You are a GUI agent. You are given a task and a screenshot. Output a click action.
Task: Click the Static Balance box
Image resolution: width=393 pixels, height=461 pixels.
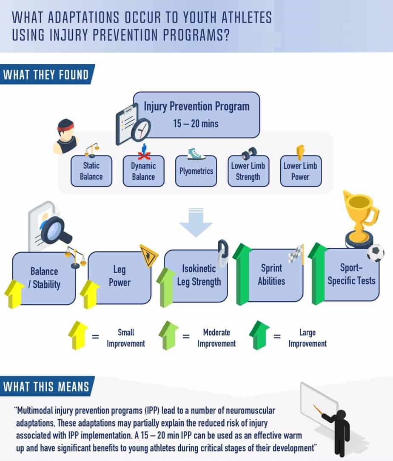91,171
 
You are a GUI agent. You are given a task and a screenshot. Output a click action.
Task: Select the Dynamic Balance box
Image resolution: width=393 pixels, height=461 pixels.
143,171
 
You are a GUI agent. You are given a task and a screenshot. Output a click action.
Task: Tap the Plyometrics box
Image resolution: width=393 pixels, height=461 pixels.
196,171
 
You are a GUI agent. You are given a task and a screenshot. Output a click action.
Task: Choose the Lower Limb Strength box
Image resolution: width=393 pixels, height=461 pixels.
248,171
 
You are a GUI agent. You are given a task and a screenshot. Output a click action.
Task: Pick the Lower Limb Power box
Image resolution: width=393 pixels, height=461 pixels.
300,171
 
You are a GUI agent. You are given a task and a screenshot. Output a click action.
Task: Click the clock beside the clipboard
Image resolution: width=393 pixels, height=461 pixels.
141,130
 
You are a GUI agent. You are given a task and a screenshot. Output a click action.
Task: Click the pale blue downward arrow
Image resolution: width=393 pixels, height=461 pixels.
195,221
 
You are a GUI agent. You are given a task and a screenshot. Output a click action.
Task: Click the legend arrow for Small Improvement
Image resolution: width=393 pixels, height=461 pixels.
79,336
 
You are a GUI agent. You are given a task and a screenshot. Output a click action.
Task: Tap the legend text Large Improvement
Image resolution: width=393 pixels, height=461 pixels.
307,338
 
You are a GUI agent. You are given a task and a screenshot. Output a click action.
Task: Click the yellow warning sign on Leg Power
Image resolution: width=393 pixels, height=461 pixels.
148,256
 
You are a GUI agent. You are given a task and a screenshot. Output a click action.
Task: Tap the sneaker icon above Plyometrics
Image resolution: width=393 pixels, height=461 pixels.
196,154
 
